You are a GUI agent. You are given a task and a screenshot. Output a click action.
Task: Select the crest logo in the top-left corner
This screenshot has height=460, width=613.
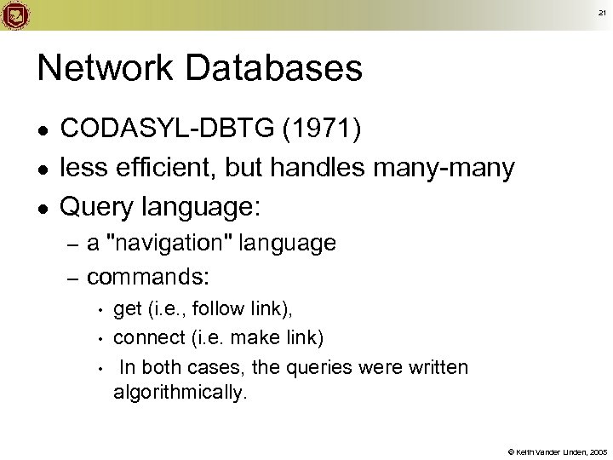coord(16,14)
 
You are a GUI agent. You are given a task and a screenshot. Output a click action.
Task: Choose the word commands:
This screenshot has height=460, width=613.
coord(150,277)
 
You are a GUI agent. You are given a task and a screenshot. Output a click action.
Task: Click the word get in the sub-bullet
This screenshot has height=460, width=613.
coord(127,308)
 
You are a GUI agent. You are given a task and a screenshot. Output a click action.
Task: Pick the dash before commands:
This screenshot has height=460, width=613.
coord(72,278)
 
